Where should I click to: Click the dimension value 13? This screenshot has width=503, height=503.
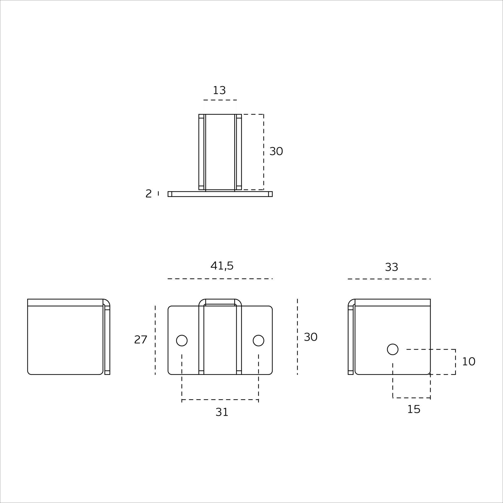click(219, 90)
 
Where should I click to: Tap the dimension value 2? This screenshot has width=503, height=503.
click(149, 194)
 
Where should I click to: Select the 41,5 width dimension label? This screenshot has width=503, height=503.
click(222, 266)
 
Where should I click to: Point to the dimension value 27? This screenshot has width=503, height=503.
click(141, 340)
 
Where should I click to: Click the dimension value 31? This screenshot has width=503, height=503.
click(222, 412)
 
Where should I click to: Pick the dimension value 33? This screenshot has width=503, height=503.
click(391, 267)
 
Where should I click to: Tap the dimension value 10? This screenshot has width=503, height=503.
click(468, 362)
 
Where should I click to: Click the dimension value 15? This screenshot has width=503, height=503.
click(414, 409)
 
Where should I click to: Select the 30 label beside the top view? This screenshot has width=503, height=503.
click(276, 151)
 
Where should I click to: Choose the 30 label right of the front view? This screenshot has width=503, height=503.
click(310, 337)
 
